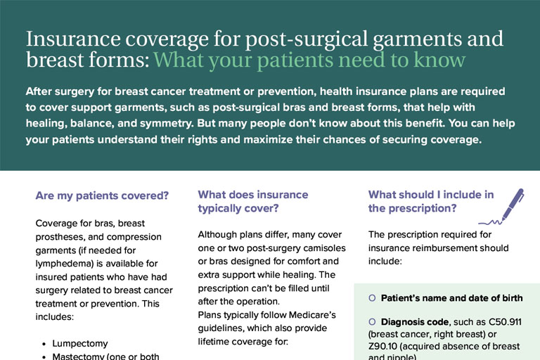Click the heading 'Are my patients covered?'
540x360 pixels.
click(102, 196)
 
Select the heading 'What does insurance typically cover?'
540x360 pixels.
click(252, 201)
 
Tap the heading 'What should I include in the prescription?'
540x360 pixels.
click(430, 201)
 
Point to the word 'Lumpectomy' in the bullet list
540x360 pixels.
click(79, 344)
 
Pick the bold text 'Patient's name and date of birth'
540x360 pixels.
click(451, 298)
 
